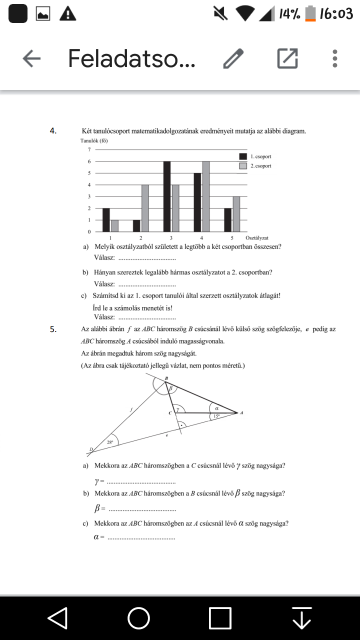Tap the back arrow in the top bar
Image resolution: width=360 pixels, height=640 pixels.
(x=31, y=59)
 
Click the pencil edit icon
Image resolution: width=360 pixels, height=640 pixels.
(x=233, y=59)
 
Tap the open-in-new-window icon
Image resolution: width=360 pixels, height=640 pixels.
(x=287, y=59)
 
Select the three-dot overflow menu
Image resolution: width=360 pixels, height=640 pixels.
(x=335, y=59)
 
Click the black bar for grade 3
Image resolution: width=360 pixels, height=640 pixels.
(x=166, y=196)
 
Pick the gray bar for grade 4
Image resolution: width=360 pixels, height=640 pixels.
(x=205, y=196)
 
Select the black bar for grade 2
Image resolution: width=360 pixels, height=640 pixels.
(x=136, y=226)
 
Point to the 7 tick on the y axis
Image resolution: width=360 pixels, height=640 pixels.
(x=89, y=149)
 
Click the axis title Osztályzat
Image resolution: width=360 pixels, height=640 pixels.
(x=257, y=238)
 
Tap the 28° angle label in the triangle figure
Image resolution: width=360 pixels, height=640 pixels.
(x=110, y=442)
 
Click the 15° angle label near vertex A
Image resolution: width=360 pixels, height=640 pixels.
(x=216, y=416)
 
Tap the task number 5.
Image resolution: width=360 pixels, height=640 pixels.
(x=52, y=329)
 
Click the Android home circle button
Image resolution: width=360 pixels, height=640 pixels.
(x=138, y=618)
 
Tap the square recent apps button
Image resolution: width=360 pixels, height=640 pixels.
(x=220, y=618)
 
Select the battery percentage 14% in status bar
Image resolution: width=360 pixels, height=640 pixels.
(x=289, y=14)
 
